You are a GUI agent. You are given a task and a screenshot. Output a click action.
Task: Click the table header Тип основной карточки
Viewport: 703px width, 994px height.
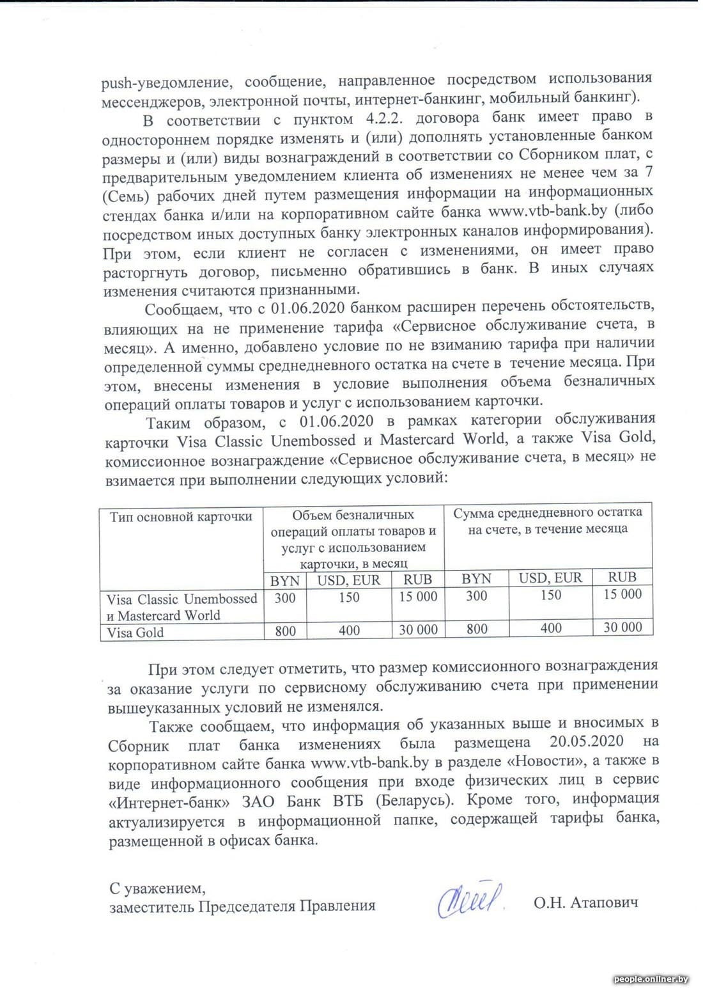pyautogui.click(x=181, y=516)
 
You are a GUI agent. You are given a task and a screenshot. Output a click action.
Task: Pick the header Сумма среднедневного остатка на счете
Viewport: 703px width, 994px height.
pyautogui.click(x=548, y=521)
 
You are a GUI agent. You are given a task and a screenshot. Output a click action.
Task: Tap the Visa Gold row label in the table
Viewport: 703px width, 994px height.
pyautogui.click(x=135, y=633)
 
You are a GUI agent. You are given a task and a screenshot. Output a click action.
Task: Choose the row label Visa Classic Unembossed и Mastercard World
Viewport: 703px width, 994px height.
pyautogui.click(x=182, y=607)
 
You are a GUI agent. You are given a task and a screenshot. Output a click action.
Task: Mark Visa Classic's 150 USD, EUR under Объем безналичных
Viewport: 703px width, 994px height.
pyautogui.click(x=349, y=597)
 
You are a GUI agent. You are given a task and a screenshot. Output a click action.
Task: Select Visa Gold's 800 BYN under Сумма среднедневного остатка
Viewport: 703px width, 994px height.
pyautogui.click(x=477, y=628)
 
